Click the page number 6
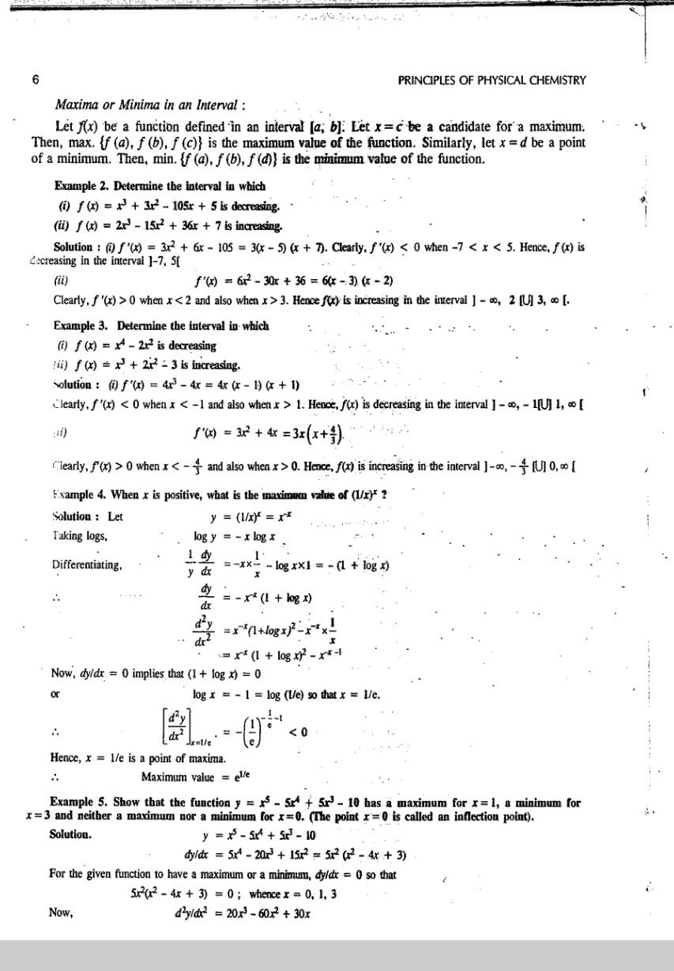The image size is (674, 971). tap(35, 81)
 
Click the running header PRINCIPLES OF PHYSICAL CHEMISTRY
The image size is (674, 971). tap(493, 81)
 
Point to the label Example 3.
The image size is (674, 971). tap(82, 326)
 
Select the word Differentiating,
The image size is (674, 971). tap(87, 565)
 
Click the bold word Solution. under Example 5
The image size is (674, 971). tap(70, 834)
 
